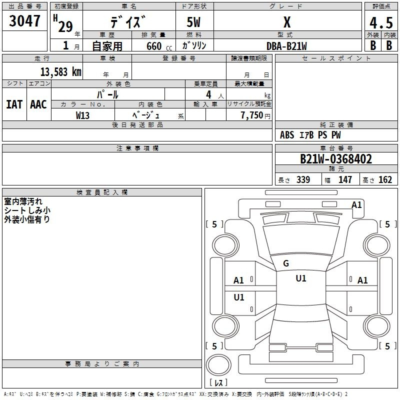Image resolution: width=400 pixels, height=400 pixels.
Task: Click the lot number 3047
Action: pyautogui.click(x=24, y=21)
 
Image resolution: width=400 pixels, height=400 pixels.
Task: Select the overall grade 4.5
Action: pyautogui.click(x=381, y=23)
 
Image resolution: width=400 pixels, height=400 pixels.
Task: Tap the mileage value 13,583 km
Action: pyautogui.click(x=61, y=72)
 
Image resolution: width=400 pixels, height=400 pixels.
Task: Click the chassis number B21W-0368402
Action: pyautogui.click(x=336, y=159)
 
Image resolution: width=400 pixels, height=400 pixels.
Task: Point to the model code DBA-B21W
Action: pyautogui.click(x=286, y=46)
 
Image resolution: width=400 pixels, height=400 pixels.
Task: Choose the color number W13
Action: pyautogui.click(x=82, y=115)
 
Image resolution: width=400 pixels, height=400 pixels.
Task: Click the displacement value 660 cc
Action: pyautogui.click(x=159, y=46)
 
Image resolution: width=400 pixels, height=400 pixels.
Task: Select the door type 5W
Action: pyautogui.click(x=193, y=22)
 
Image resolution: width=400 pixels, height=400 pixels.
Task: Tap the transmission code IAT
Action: pyautogui.click(x=14, y=104)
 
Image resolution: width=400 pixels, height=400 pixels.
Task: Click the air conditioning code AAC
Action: pyautogui.click(x=38, y=104)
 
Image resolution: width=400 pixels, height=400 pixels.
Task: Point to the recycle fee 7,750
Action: pyautogui.click(x=252, y=115)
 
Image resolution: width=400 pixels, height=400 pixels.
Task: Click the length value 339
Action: pyautogui.click(x=303, y=179)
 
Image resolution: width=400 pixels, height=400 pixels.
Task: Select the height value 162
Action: pyautogui.click(x=385, y=179)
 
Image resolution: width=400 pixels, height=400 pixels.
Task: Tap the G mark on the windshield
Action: pyautogui.click(x=286, y=263)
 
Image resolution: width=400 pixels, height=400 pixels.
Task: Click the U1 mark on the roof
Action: pyautogui.click(x=301, y=278)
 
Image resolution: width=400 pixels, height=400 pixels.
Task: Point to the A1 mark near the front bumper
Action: pyautogui.click(x=356, y=205)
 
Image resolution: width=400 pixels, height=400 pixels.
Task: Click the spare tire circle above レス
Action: pyautogui.click(x=218, y=364)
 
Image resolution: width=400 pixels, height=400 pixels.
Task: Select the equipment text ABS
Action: pyautogui.click(x=287, y=135)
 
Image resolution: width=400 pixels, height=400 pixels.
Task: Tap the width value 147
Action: pyautogui.click(x=345, y=179)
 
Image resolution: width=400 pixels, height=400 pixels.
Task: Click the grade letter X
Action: pyautogui.click(x=287, y=22)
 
